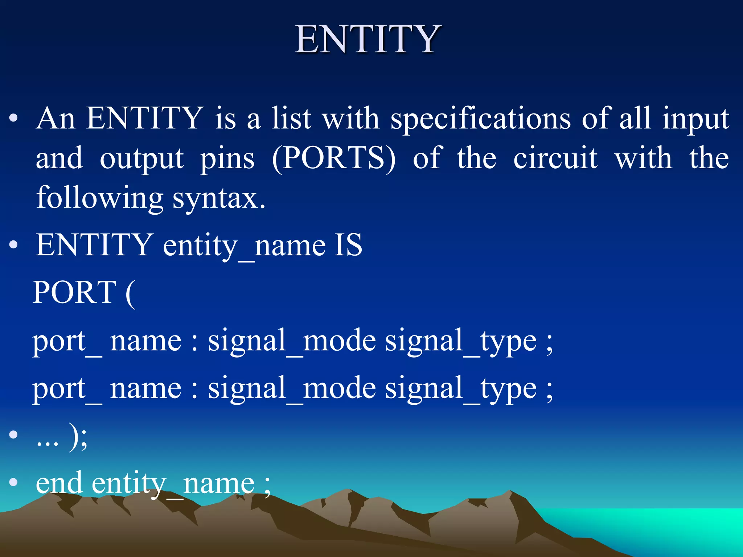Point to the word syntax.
(x=219, y=198)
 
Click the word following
(x=100, y=198)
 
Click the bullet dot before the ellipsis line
(x=13, y=435)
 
